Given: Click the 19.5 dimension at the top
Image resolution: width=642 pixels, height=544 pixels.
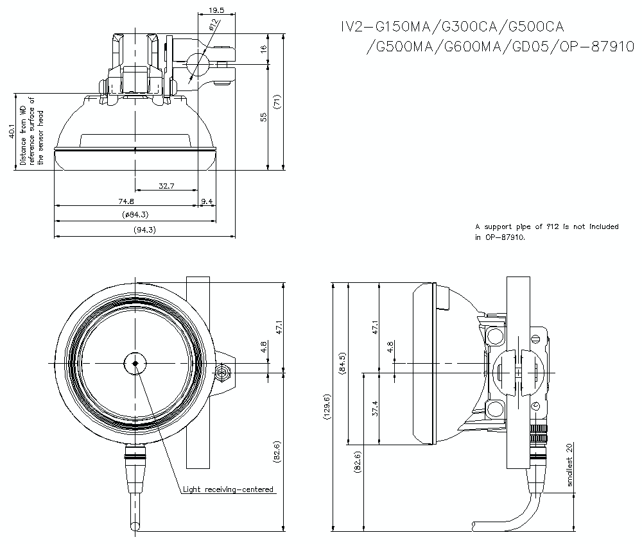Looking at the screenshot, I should [x=216, y=10].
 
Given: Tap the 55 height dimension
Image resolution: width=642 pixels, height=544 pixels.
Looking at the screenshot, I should [x=263, y=117].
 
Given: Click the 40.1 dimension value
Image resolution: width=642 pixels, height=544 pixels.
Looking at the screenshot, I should [x=10, y=132].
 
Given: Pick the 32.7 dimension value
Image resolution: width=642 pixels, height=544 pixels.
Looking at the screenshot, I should [x=166, y=186].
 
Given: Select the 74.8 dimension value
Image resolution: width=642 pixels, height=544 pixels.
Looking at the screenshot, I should [x=126, y=201].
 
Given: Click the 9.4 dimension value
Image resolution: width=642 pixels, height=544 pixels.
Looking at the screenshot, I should [x=207, y=201].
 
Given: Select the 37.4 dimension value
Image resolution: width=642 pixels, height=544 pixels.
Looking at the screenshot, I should [x=375, y=408].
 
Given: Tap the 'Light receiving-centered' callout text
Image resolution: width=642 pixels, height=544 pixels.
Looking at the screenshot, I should [x=228, y=489].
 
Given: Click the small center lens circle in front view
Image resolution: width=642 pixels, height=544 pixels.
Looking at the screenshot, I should [x=135, y=363].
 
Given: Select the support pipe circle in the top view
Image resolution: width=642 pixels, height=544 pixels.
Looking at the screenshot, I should [x=198, y=64].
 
